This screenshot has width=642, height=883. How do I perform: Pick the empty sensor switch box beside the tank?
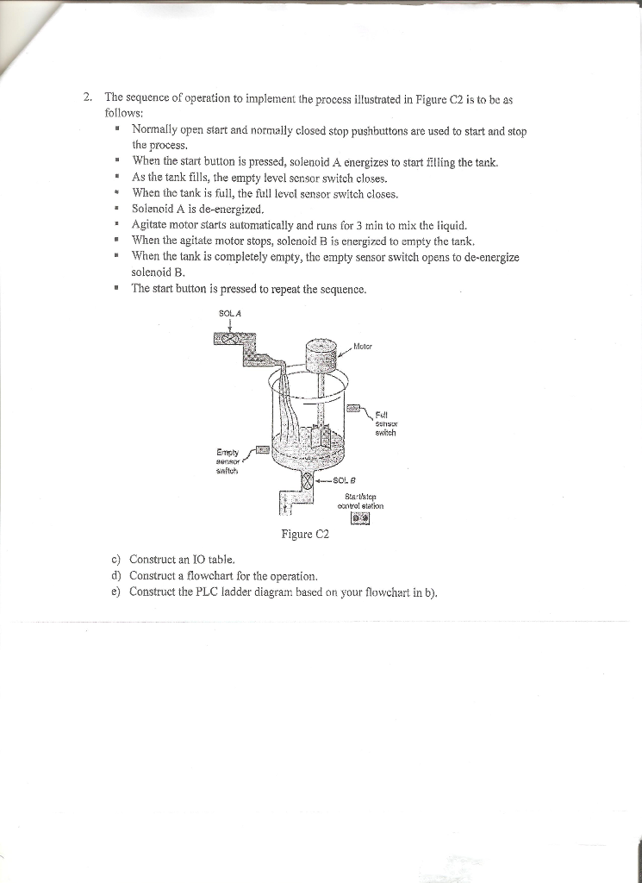[x=263, y=449]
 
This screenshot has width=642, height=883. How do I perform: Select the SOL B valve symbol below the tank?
[x=306, y=480]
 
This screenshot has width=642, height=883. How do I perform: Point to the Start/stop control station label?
[x=361, y=501]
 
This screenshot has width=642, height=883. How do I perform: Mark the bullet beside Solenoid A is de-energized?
[x=115, y=210]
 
